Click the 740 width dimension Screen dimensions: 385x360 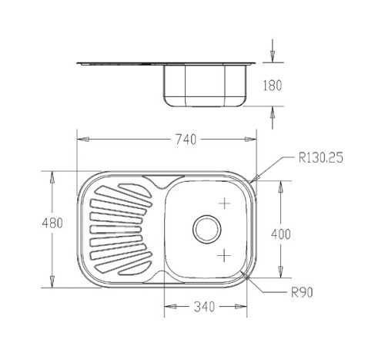pos(186,140)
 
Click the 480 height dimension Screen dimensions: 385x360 pos(52,223)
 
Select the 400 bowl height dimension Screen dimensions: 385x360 pos(281,234)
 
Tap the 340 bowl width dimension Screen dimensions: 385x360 pos(204,307)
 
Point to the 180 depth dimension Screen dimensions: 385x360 pos(273,86)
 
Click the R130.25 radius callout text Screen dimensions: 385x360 pos(321,157)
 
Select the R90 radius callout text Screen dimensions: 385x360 pos(302,292)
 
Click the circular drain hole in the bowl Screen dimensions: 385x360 pos(207,229)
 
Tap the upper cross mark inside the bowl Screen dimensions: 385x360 pos(225,204)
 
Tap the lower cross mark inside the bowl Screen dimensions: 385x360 pos(224,256)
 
